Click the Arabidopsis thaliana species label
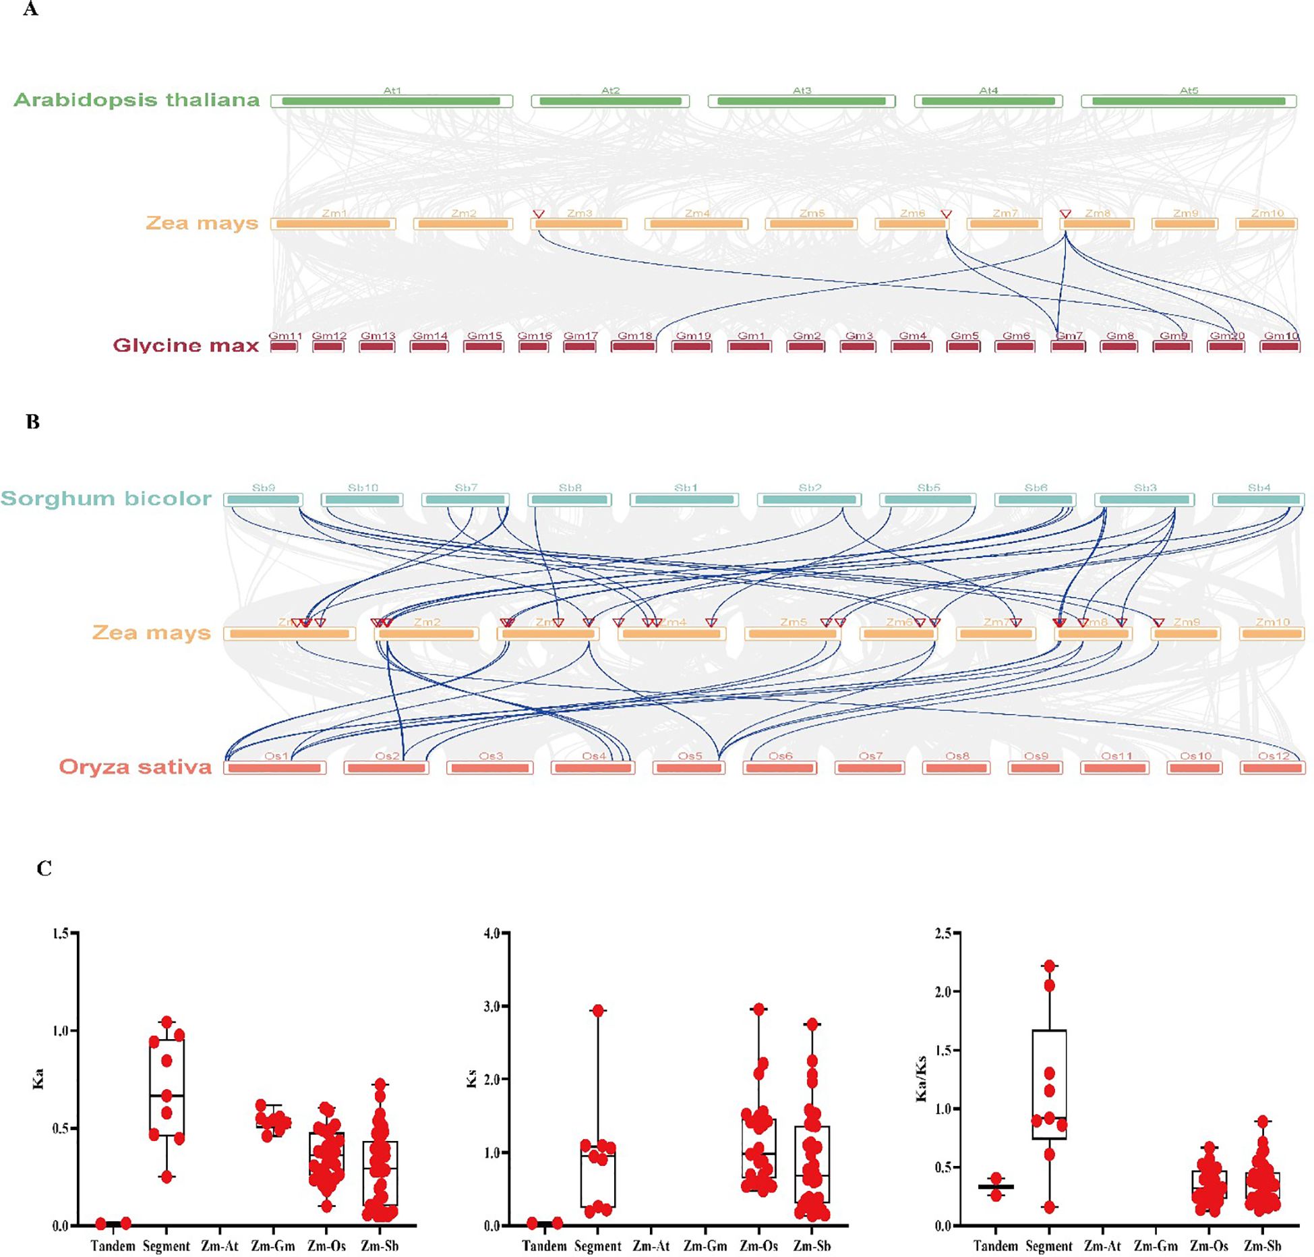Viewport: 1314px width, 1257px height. pos(137,100)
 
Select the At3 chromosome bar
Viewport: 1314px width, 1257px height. pos(802,101)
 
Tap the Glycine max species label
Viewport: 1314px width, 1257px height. pos(186,345)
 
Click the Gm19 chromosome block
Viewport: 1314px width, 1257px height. pos(692,346)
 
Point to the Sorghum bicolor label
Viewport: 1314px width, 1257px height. pos(106,498)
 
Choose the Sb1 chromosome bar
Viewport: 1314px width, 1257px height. pos(685,500)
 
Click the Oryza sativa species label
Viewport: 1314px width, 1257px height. pos(135,767)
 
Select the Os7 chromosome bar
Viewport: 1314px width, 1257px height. pos(869,767)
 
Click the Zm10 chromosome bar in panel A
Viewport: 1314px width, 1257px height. pos(1266,223)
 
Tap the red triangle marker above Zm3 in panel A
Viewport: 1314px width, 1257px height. pos(538,214)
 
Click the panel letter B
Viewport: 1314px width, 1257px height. pos(32,422)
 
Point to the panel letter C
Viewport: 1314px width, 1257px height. pos(44,868)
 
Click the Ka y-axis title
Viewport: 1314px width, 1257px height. pos(38,1078)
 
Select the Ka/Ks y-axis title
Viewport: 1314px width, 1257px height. pos(921,1078)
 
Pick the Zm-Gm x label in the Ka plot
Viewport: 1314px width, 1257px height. pos(273,1246)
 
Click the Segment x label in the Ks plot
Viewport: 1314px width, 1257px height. pos(597,1246)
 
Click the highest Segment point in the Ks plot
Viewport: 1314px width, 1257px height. pos(597,1010)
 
